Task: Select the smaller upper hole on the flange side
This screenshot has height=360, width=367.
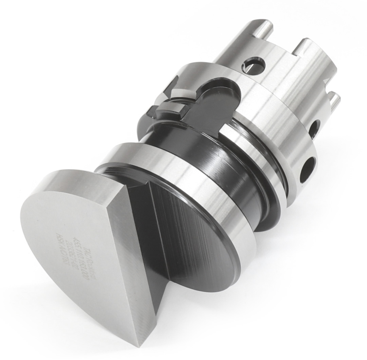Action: click(x=314, y=129)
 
